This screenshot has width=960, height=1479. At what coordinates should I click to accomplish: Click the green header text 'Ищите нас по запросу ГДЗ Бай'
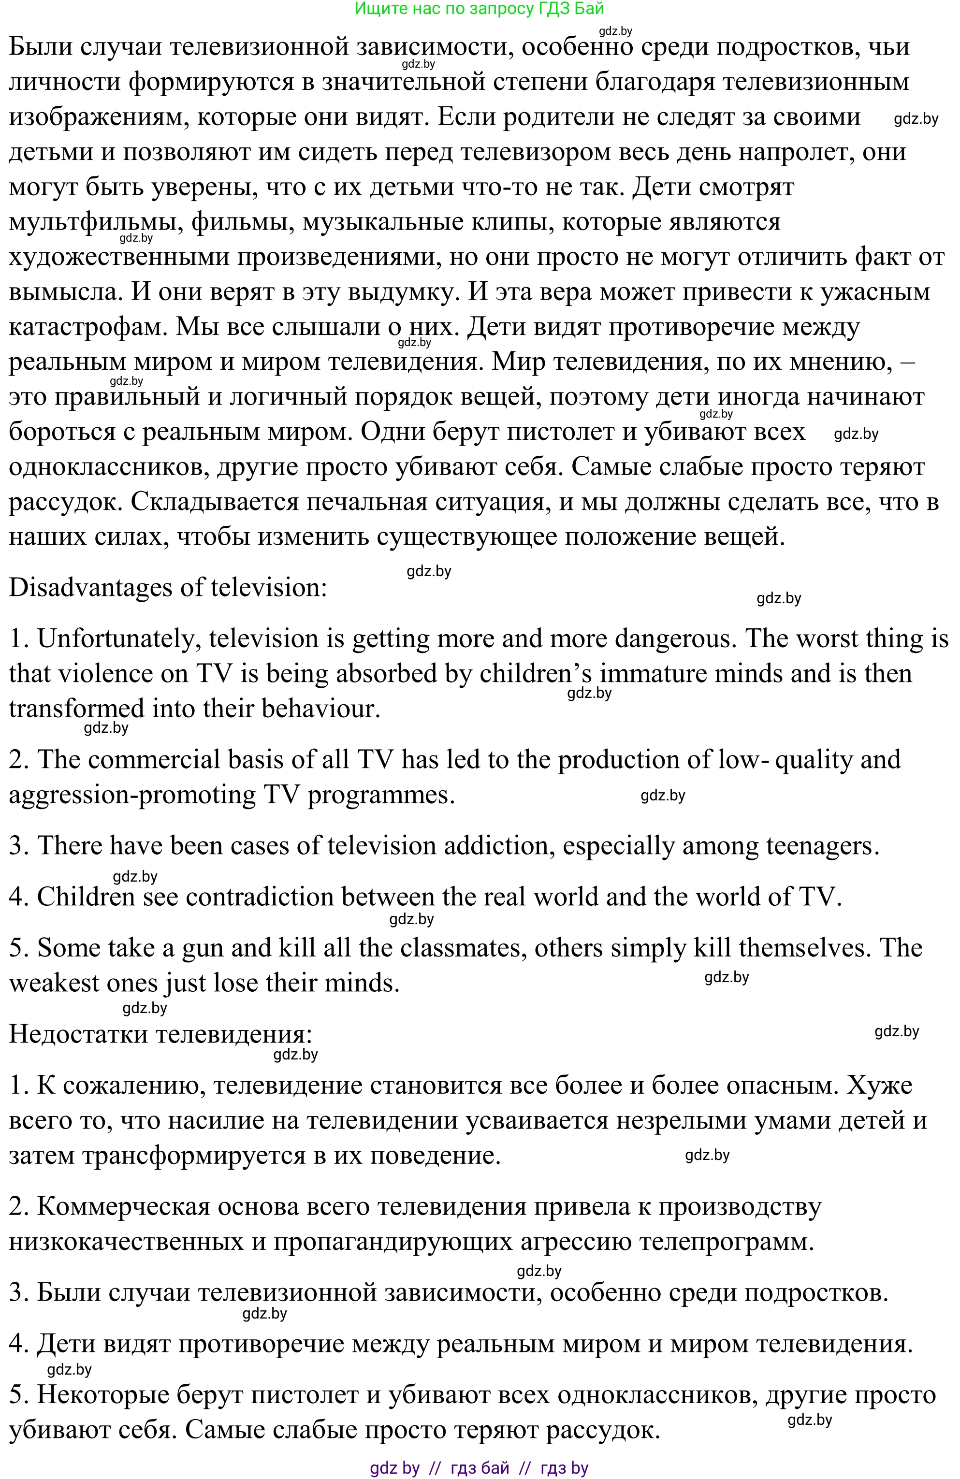[x=479, y=9]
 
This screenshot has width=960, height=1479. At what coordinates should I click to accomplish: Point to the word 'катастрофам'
[x=87, y=327]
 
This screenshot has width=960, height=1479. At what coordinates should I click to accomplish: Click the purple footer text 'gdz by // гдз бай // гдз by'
[x=479, y=1468]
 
